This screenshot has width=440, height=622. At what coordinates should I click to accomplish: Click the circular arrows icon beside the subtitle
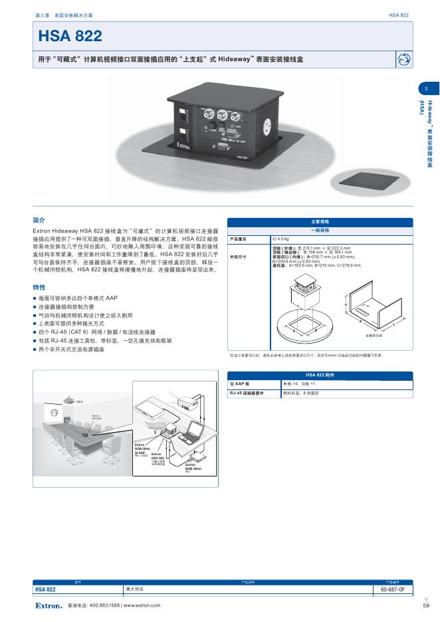coord(403,60)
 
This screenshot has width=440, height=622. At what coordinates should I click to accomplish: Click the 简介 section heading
coord(39,219)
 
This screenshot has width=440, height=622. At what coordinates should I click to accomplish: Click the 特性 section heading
coord(39,287)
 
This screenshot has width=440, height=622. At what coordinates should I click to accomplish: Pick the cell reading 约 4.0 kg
coord(281,238)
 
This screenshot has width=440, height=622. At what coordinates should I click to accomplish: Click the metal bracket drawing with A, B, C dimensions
coord(374,310)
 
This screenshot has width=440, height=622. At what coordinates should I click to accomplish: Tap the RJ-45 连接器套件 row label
coord(243,393)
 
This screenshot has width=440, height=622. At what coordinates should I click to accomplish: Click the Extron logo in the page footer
coord(49,605)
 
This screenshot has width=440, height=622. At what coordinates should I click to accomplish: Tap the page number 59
coord(425,605)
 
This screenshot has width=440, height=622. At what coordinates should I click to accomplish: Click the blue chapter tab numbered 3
coord(426,89)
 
